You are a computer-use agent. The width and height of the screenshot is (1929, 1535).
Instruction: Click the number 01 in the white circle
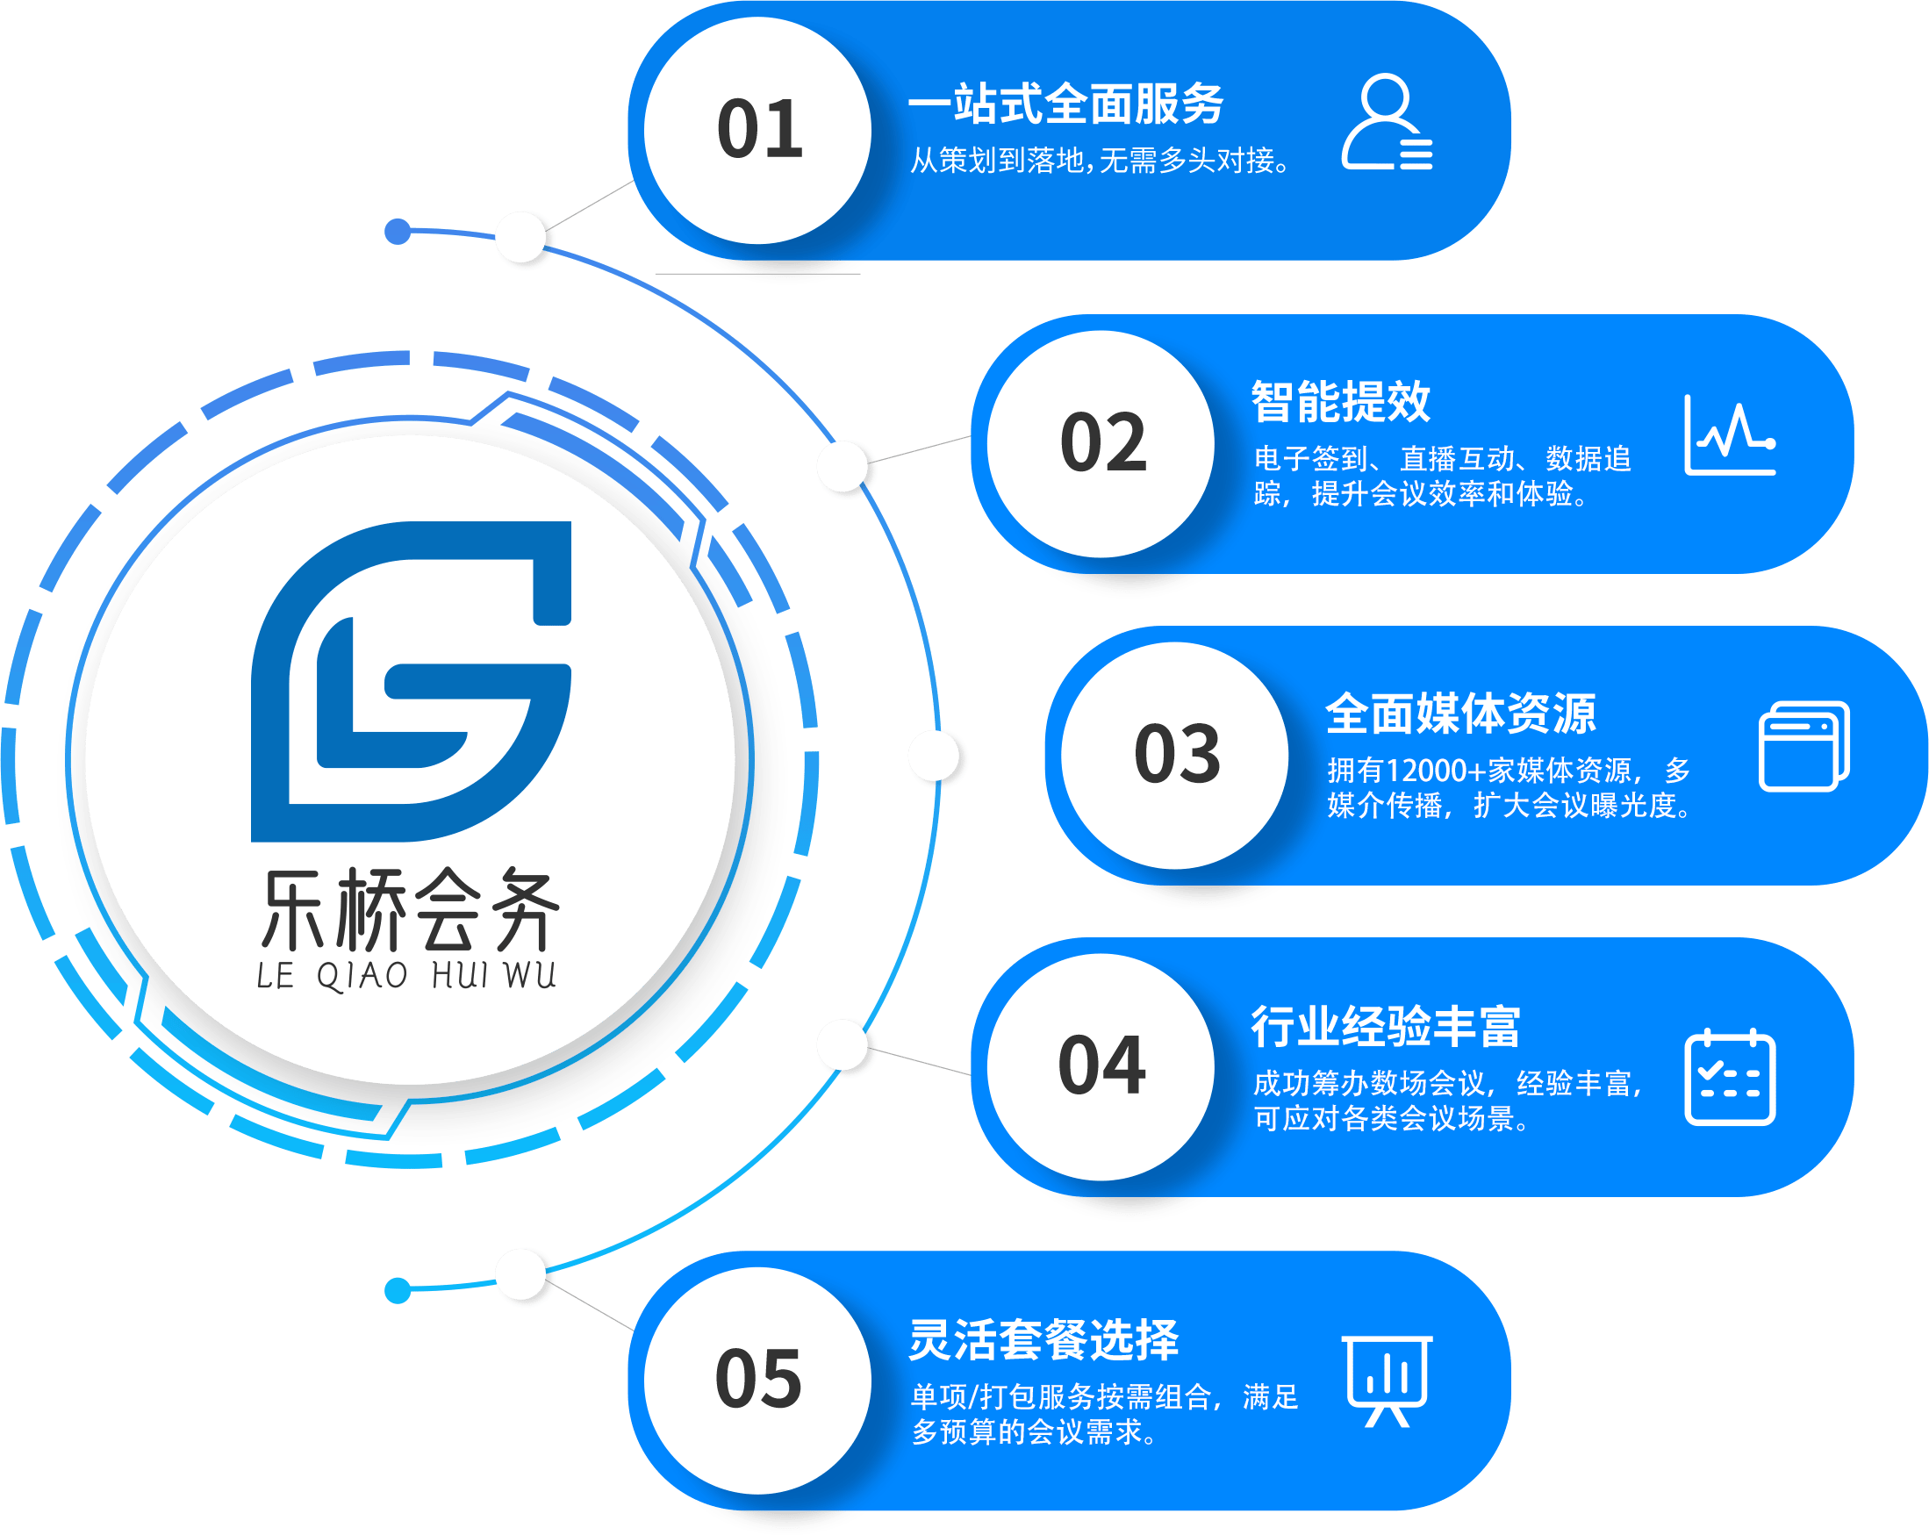pyautogui.click(x=759, y=130)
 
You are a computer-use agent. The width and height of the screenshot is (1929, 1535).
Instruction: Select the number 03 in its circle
pyautogui.click(x=1177, y=755)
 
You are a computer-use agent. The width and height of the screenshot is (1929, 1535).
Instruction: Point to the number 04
pyautogui.click(x=1101, y=1066)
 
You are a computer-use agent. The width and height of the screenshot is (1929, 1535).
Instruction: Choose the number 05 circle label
pyautogui.click(x=758, y=1380)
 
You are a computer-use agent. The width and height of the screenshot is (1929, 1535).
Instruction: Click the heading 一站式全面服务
pyautogui.click(x=1065, y=104)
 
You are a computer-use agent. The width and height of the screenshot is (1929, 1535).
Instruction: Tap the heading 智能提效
pyautogui.click(x=1340, y=402)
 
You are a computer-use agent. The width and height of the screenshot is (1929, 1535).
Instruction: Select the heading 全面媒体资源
pyautogui.click(x=1460, y=714)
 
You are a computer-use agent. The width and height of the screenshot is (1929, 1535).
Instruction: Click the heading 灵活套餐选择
pyautogui.click(x=1043, y=1340)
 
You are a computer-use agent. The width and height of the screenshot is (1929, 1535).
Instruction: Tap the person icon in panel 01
pyautogui.click(x=1387, y=123)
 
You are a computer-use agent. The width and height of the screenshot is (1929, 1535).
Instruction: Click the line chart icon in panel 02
pyautogui.click(x=1729, y=435)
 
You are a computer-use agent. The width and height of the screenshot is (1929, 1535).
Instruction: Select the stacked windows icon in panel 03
pyautogui.click(x=1804, y=747)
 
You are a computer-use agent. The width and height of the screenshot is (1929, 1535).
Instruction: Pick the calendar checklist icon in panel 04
pyautogui.click(x=1730, y=1078)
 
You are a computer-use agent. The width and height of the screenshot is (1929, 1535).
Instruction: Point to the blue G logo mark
pyautogui.click(x=411, y=682)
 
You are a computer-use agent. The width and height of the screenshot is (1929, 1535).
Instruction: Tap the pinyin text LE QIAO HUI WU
pyautogui.click(x=406, y=976)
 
